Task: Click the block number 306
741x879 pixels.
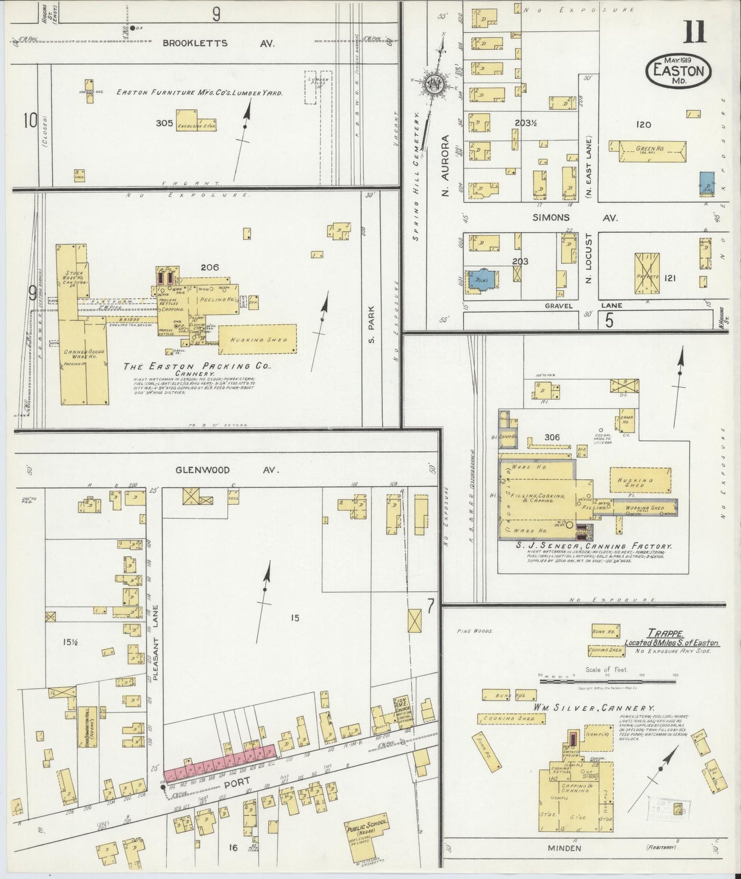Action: click(552, 437)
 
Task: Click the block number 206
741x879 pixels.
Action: click(210, 267)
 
